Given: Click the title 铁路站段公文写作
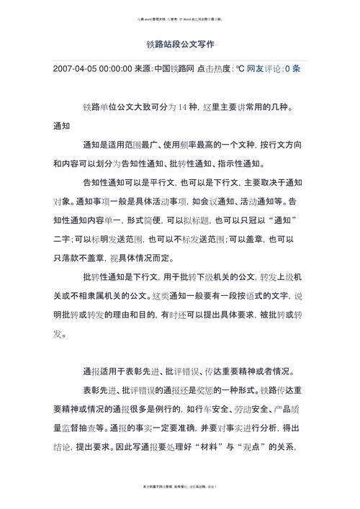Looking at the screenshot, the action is point(180,44).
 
